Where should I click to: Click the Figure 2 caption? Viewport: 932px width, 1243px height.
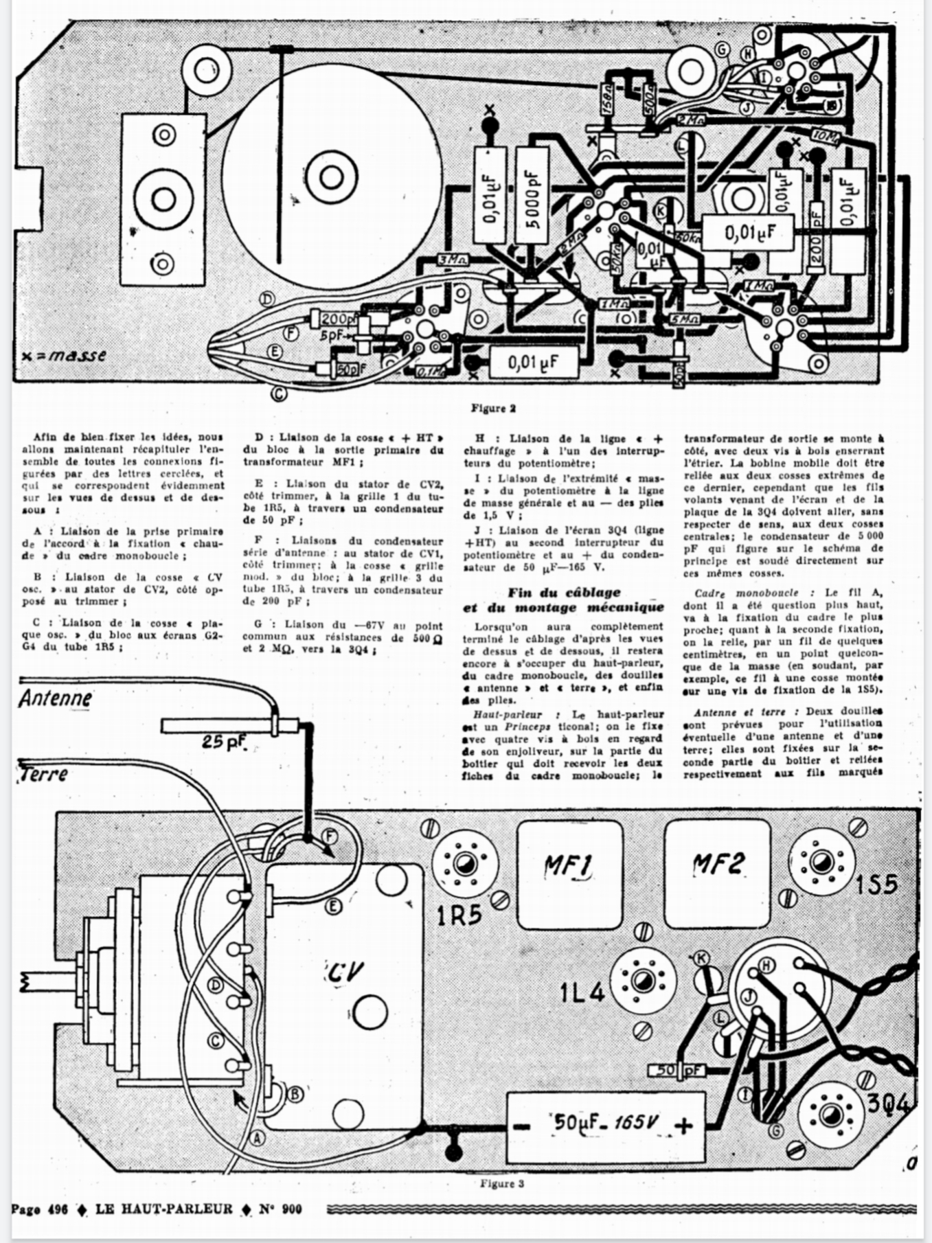click(x=493, y=408)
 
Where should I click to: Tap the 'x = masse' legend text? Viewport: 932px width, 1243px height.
click(x=64, y=356)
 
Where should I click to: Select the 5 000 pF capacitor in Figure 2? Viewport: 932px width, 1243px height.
click(x=532, y=195)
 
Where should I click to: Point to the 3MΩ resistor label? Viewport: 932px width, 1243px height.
click(x=453, y=260)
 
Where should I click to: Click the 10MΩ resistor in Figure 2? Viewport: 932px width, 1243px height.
click(x=825, y=137)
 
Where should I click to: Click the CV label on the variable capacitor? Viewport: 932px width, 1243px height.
click(x=344, y=971)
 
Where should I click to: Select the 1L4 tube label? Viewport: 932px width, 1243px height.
click(x=581, y=993)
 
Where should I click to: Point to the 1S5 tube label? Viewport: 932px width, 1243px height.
click(x=876, y=884)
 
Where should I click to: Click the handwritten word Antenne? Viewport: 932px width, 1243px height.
click(x=55, y=698)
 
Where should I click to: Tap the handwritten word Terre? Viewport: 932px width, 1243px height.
click(x=43, y=773)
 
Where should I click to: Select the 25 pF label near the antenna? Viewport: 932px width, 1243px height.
click(x=226, y=742)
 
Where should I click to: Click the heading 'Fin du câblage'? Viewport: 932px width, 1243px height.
click(x=564, y=592)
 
